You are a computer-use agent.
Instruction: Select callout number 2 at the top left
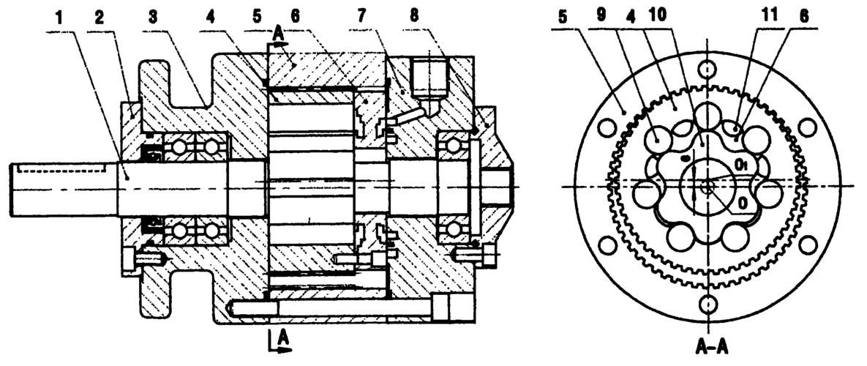99,18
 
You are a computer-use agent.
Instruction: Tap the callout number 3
153,18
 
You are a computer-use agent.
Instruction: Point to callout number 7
361,18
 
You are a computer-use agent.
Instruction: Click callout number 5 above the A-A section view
563,18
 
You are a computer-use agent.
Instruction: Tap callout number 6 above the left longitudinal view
295,18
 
